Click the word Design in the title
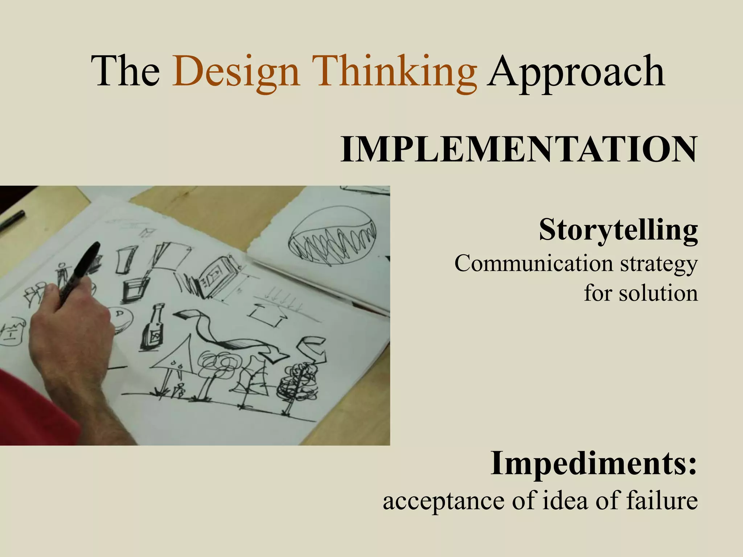pos(236,72)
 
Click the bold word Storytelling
pos(618,230)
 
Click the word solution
pos(658,293)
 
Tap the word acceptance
pos(444,501)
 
